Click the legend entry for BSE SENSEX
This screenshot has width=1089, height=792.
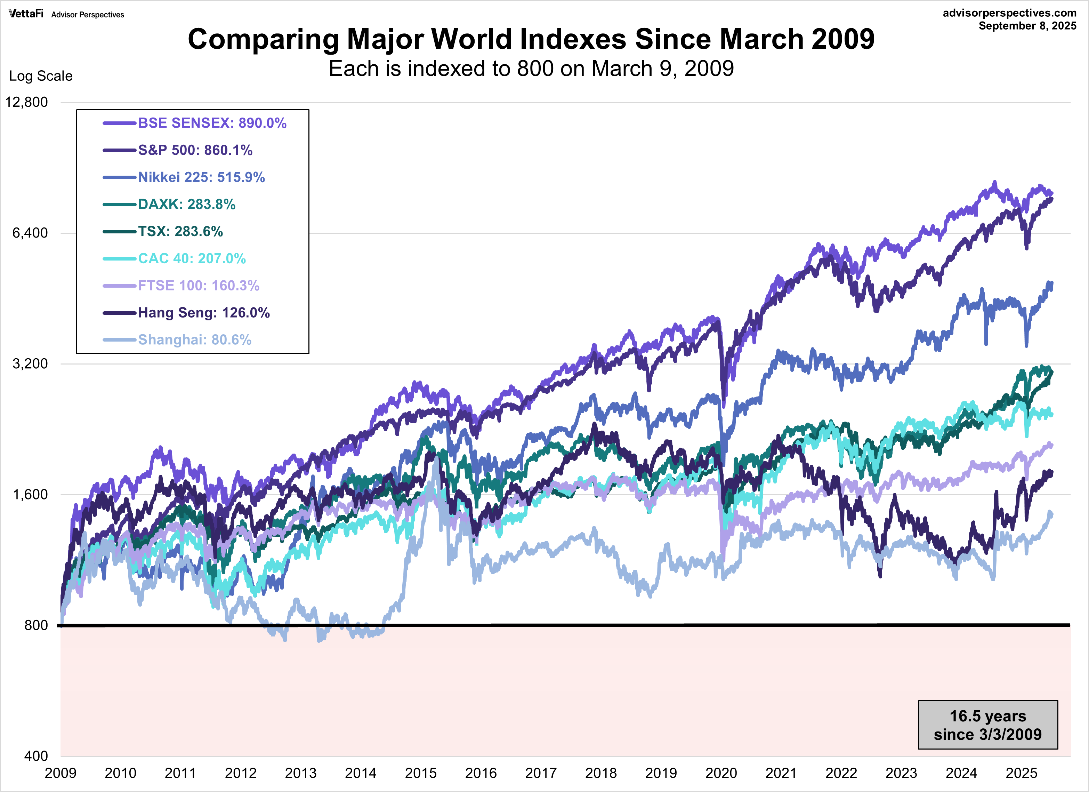[212, 123]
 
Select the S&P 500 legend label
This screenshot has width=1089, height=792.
[195, 150]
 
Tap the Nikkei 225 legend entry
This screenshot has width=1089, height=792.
[201, 177]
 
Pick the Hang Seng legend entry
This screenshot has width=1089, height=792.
[204, 313]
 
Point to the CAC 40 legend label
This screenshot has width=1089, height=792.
[192, 258]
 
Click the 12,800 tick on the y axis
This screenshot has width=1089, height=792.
[27, 102]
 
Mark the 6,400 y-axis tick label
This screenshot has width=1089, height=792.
[30, 233]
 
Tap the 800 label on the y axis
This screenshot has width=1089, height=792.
[36, 625]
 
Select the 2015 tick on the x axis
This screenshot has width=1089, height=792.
[421, 773]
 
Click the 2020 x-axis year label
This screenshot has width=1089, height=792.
[721, 773]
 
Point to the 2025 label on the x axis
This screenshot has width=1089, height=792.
[1021, 773]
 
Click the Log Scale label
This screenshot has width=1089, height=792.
[41, 76]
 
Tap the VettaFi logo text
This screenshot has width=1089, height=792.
[26, 14]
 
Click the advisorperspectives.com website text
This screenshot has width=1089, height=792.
[1009, 13]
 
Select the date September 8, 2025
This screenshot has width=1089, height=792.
[1027, 26]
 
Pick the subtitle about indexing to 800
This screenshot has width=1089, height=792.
[531, 69]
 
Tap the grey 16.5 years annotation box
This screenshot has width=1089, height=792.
[988, 725]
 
